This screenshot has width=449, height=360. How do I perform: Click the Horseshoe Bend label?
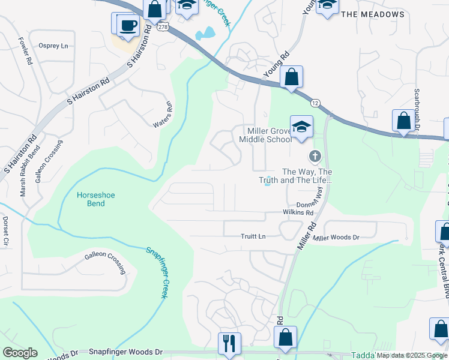coord(91,199)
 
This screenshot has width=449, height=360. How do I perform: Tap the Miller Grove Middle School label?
coord(265,135)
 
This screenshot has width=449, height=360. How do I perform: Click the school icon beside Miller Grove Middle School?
coord(301,127)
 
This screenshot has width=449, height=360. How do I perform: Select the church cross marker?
coord(314,157)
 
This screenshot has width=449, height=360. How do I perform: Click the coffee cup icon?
coord(127,25)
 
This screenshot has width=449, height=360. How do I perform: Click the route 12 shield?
coord(316,104)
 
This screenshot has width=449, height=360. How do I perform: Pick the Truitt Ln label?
coord(253,236)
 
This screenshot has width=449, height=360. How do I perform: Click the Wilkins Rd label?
coord(298,212)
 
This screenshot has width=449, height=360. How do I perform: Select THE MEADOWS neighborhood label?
coord(373,14)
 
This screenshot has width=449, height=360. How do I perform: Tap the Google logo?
coord(20,353)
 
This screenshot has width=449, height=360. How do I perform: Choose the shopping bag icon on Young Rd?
coord(291,77)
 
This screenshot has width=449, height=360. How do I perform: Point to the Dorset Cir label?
coord(5,231)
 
